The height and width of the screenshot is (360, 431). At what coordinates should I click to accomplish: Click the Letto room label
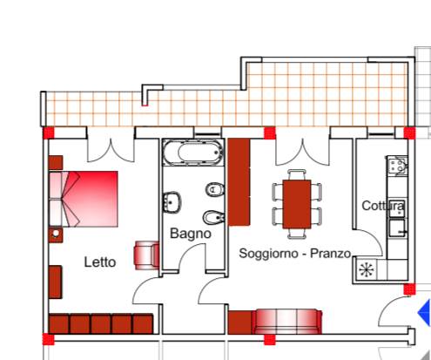tap(100, 262)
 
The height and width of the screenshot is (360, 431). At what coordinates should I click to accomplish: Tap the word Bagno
tap(191, 234)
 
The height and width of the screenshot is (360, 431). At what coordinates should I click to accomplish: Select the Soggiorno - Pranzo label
tap(295, 254)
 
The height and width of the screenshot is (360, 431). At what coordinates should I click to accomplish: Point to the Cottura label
tap(383, 206)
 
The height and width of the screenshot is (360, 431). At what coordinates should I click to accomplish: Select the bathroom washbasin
tap(172, 202)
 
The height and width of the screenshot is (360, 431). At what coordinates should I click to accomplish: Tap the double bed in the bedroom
tap(84, 199)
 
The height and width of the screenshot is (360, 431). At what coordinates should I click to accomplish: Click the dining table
tap(297, 204)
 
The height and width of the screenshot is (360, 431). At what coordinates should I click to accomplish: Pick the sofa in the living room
tap(287, 322)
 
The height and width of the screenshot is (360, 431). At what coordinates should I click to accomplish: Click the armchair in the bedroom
tap(146, 255)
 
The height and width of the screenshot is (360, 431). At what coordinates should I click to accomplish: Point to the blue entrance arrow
tap(424, 313)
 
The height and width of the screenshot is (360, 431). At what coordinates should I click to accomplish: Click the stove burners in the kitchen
tap(397, 166)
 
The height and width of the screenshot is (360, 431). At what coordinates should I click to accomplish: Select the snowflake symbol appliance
tap(366, 269)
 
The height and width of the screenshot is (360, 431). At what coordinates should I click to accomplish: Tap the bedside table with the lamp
tap(56, 234)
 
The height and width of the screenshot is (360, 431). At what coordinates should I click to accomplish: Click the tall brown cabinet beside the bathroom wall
tap(239, 182)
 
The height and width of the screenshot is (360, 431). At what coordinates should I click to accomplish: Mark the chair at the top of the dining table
tap(297, 174)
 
